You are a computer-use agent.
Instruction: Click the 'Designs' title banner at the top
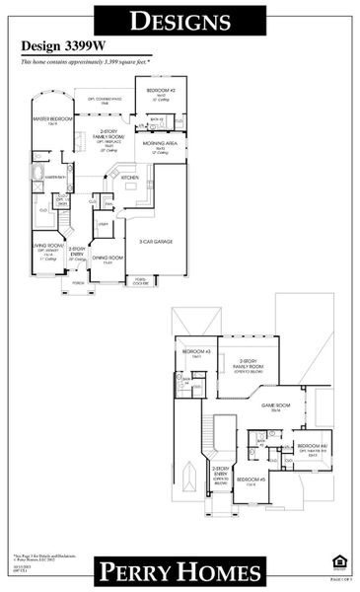click(x=180, y=22)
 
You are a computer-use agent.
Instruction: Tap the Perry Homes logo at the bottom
click(x=180, y=571)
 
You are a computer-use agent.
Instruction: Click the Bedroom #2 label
click(x=161, y=92)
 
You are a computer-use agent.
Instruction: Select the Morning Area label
click(x=159, y=145)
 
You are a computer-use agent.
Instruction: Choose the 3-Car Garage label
click(x=156, y=241)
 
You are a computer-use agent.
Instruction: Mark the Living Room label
click(x=48, y=247)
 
